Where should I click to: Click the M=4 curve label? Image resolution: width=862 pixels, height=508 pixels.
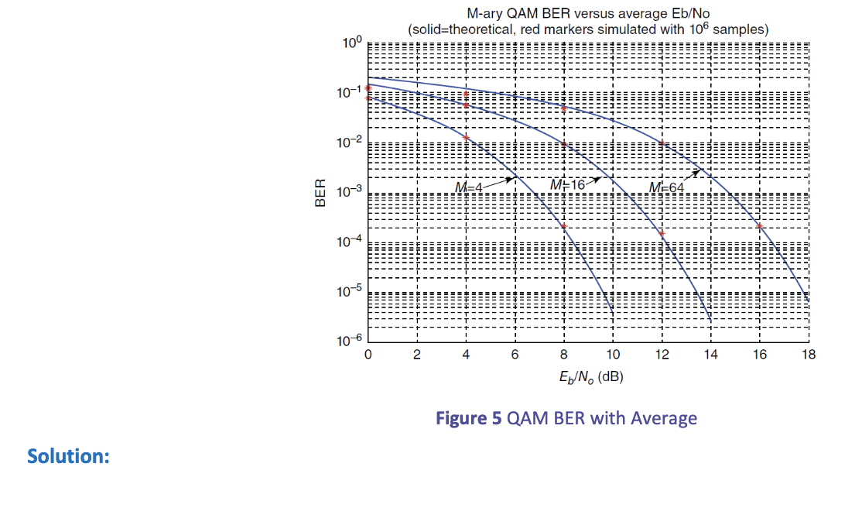point(468,187)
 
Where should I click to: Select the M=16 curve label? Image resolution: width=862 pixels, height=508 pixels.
point(567,184)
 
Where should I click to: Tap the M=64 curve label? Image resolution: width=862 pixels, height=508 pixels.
point(666,187)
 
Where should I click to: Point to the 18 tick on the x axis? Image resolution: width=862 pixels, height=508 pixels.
point(809,355)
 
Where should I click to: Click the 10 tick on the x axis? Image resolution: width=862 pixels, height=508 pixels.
point(613,355)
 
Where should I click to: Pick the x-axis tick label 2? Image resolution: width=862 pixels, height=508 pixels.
point(416,355)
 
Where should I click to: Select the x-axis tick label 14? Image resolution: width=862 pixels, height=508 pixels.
point(711,355)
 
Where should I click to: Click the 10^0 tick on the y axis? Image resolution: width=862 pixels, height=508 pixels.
point(351,43)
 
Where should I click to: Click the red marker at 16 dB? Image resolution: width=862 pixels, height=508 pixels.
point(760,226)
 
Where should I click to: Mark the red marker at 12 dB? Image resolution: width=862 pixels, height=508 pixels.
point(662,232)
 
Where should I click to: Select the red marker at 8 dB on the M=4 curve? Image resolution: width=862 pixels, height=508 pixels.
point(564,226)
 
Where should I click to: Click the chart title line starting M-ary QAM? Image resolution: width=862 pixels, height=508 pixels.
point(588,13)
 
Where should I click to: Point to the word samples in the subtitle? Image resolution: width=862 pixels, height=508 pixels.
point(740,29)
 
